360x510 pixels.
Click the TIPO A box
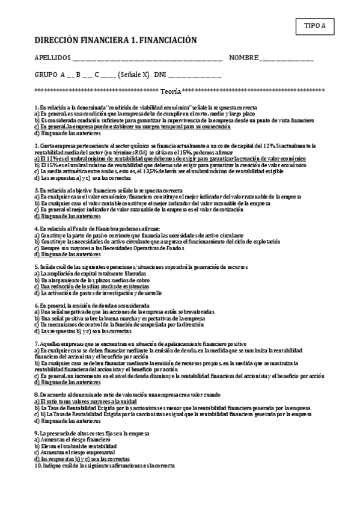[x=315, y=26]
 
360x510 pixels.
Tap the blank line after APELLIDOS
[x=147, y=58]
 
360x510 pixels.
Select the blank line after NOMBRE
[x=287, y=58]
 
